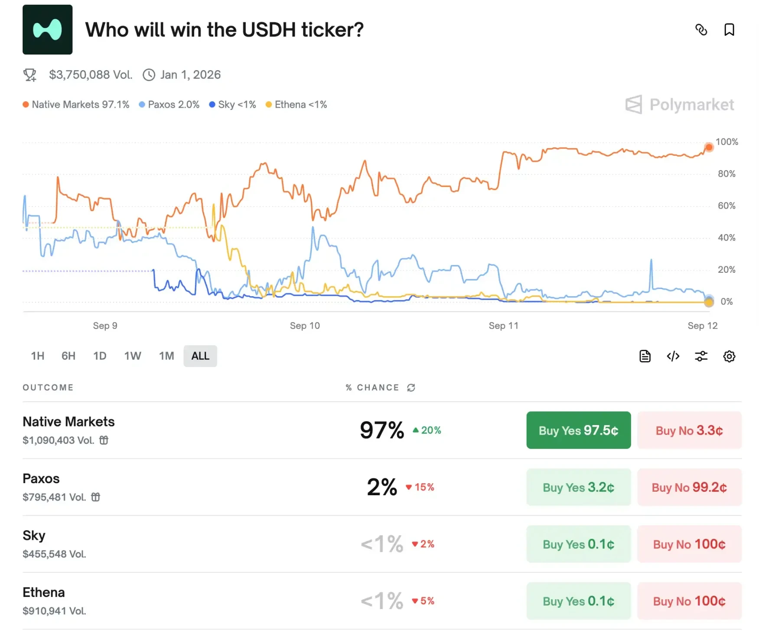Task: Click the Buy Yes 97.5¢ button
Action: point(578,430)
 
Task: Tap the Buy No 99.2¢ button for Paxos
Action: point(689,487)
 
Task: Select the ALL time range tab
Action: point(200,356)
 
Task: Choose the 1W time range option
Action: point(132,356)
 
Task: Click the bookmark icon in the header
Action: point(729,30)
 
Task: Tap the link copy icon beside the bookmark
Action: point(701,30)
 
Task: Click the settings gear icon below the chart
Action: point(729,356)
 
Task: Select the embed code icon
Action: point(673,356)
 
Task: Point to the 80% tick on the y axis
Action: point(726,174)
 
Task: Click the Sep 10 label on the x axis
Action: point(305,326)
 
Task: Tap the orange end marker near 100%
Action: point(709,148)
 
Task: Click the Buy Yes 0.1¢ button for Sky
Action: point(578,544)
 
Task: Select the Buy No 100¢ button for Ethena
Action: point(689,601)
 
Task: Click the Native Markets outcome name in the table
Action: point(68,422)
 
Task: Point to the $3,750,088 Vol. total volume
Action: point(90,75)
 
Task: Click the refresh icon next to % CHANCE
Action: point(411,387)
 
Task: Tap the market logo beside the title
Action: point(48,30)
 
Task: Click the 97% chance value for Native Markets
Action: point(382,430)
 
